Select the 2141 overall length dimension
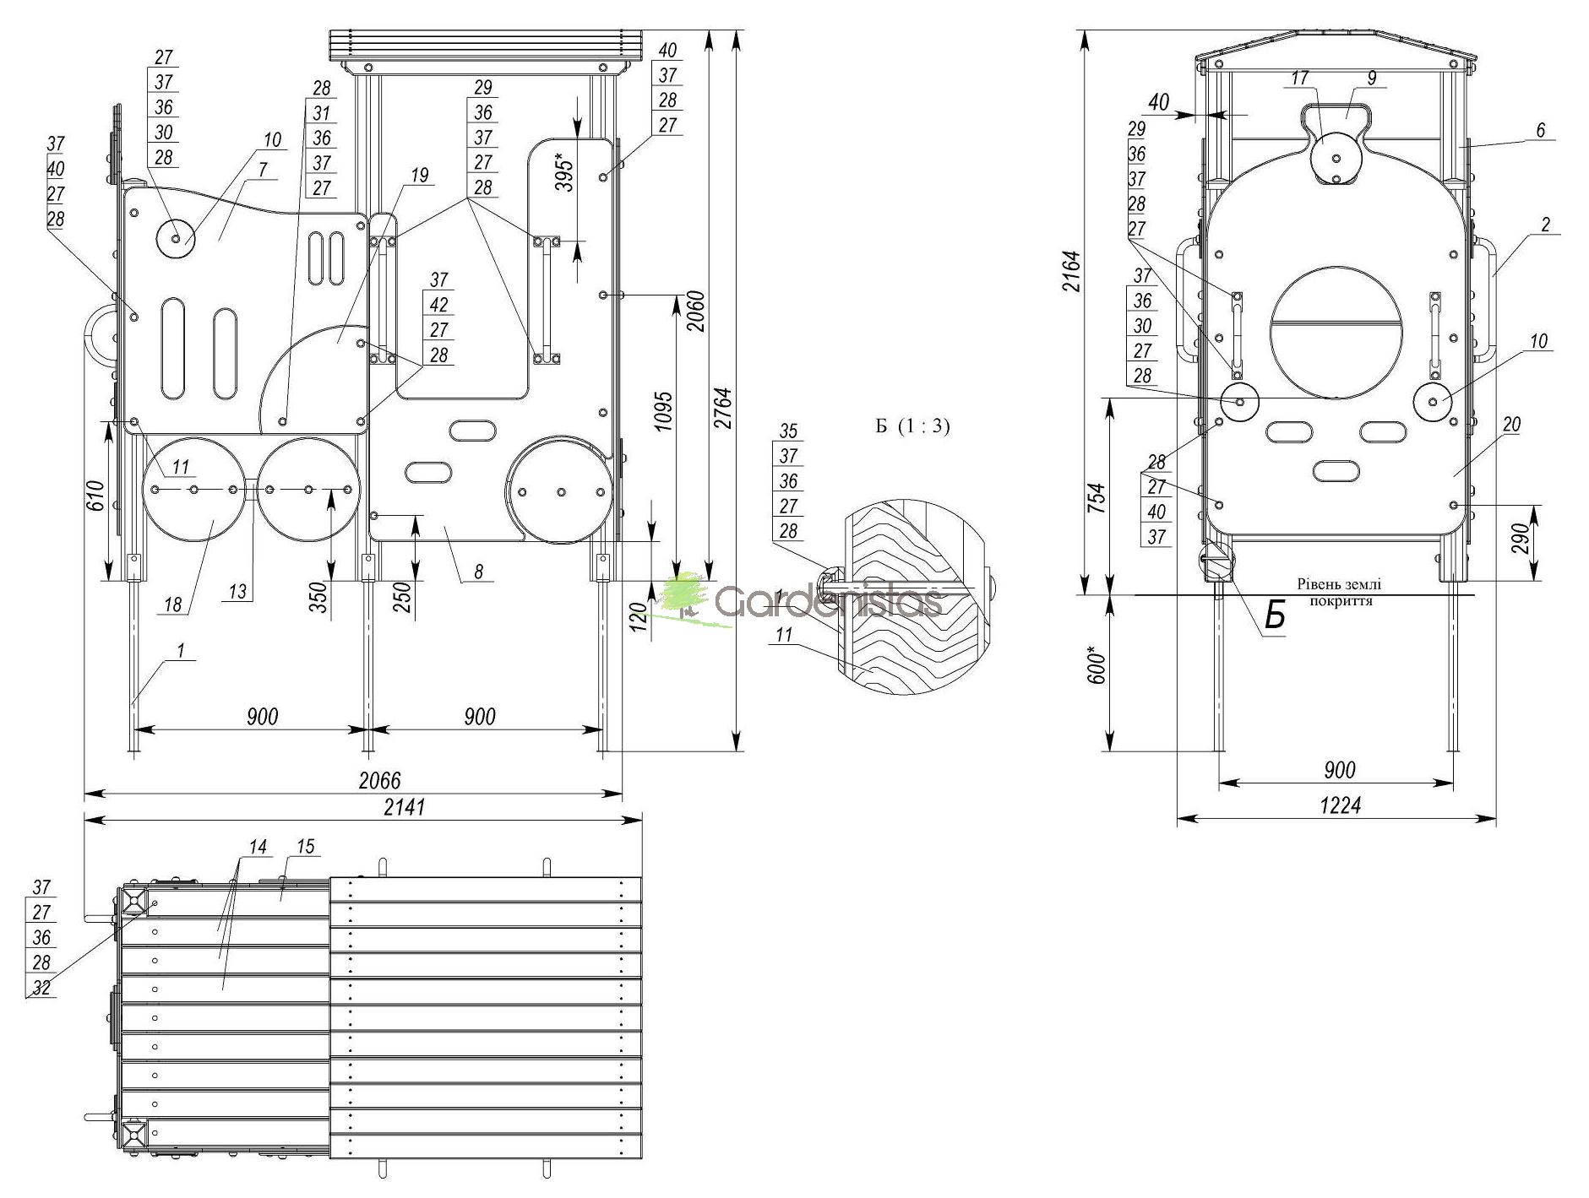pos(405,807)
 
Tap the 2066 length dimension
pos(380,781)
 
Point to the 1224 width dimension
pos(1341,806)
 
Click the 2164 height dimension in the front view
pos(1071,272)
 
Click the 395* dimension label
pos(565,173)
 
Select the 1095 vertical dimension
pos(665,411)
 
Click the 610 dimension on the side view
pos(94,496)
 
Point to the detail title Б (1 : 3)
pos(912,427)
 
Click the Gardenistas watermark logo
pos(803,599)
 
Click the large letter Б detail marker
pos(1275,617)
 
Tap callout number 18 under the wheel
pos(172,604)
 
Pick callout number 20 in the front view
pos(1511,425)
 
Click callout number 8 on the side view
pos(478,572)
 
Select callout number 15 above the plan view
pos(305,847)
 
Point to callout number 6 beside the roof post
pos(1540,130)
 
